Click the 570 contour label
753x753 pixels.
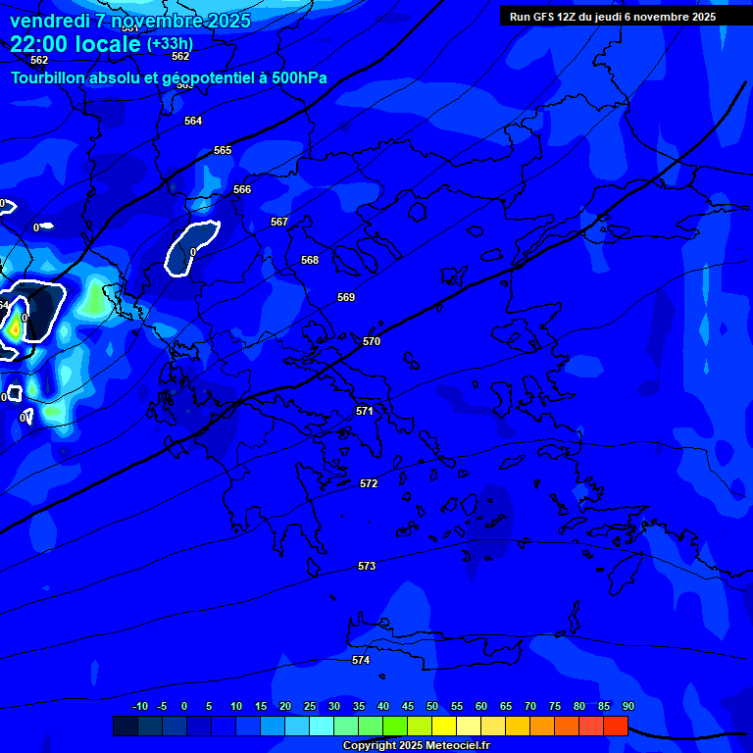(x=372, y=341)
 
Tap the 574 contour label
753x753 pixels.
(x=361, y=660)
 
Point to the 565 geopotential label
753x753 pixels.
(x=223, y=150)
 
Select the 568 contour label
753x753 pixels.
(x=310, y=260)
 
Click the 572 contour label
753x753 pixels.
(x=369, y=483)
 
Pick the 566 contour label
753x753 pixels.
(x=242, y=189)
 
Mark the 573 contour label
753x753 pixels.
(x=367, y=566)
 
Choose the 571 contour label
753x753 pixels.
(x=365, y=411)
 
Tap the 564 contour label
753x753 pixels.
(x=193, y=121)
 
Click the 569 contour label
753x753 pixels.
(x=346, y=297)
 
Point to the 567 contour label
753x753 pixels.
(x=279, y=222)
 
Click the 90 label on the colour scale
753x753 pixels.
(x=627, y=706)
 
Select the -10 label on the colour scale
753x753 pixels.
(x=140, y=706)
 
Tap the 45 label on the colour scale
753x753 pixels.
(x=408, y=706)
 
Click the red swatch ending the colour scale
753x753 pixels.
(x=616, y=726)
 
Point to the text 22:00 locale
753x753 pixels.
(x=75, y=44)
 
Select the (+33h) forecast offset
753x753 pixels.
(x=170, y=43)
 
